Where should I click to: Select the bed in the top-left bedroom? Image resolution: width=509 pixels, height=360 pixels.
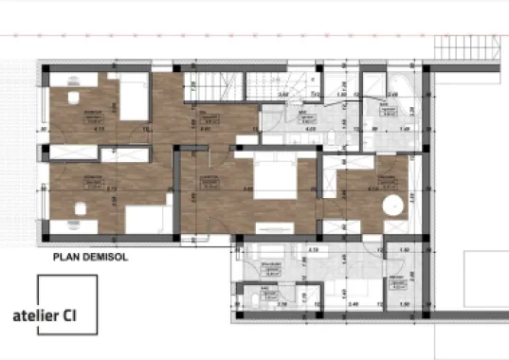[133, 98]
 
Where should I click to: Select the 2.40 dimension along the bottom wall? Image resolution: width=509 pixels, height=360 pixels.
[354, 305]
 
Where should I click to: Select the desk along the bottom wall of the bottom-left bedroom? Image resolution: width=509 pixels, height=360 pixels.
[76, 225]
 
